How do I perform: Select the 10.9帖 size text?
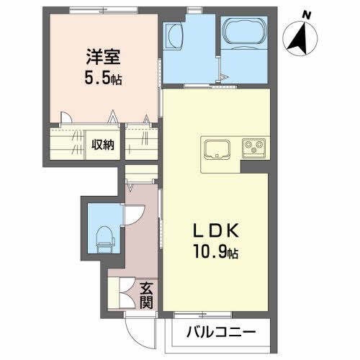[216, 253]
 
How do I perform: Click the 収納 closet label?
[102, 145]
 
